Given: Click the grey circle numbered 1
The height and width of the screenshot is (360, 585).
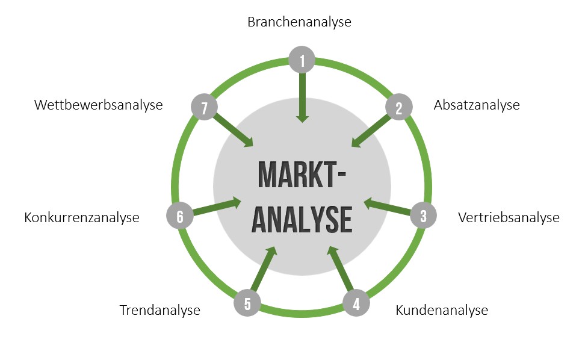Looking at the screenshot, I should coord(302,60).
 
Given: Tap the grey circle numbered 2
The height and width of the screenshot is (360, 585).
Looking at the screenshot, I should coord(398,108).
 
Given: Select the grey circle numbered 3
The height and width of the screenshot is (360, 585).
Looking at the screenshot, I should coord(423,216).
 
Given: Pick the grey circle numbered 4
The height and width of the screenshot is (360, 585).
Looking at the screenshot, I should coord(356,303).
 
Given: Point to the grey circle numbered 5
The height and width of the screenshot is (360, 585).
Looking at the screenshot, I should coord(247,303).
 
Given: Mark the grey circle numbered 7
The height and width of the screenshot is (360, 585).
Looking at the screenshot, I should coord(205,108).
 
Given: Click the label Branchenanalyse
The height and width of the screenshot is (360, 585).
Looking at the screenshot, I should coord(299,22).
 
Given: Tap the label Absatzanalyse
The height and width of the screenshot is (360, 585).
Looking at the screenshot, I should coord(477,105).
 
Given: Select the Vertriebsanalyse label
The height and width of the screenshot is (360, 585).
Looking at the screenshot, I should coord(509,217).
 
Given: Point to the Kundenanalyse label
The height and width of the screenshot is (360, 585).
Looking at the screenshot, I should coord(442,311).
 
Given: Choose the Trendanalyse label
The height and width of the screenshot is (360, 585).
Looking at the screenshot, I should coord(159,311).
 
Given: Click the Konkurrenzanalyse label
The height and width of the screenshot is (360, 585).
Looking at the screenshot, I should coord(82,217).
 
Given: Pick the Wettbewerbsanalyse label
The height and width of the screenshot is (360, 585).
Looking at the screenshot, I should coord(99,105).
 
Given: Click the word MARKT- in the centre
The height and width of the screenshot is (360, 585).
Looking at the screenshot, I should coord(302,175).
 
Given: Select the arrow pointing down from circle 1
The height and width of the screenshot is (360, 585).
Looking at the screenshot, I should coord(302,96).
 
